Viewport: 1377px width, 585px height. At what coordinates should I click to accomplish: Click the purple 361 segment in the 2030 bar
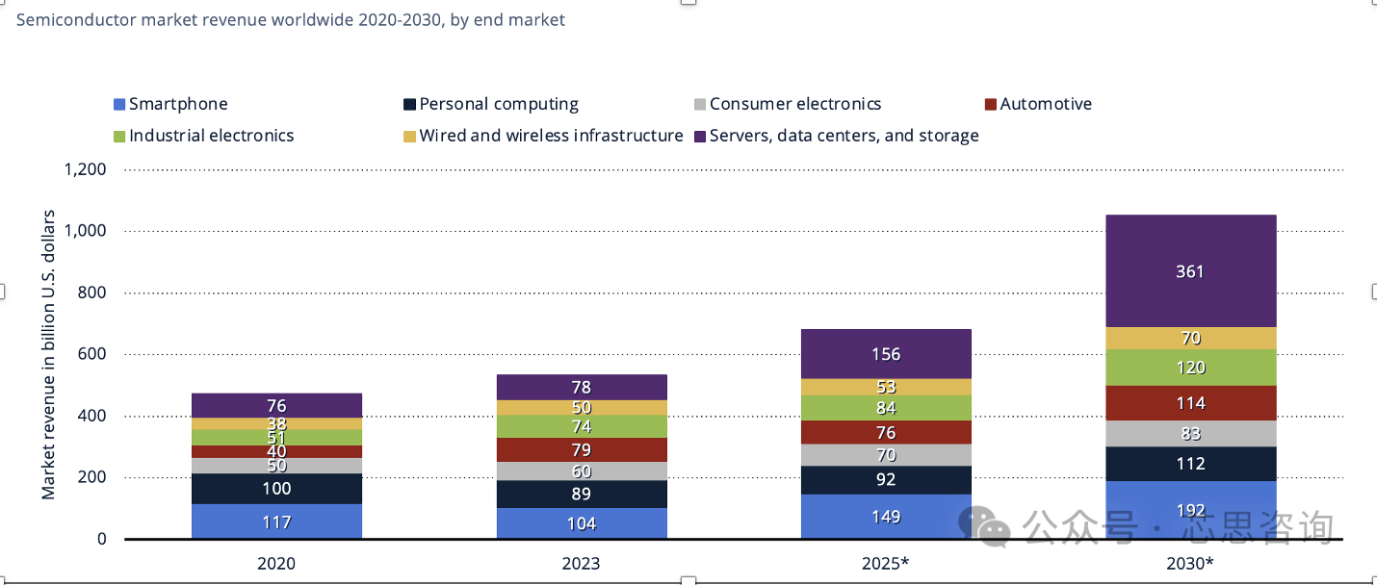pyautogui.click(x=1190, y=271)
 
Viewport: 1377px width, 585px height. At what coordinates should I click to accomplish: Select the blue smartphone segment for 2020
pyautogui.click(x=276, y=521)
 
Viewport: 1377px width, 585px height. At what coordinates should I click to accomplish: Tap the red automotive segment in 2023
pyautogui.click(x=582, y=449)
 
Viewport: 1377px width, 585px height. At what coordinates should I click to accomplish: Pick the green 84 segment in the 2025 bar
pyautogui.click(x=886, y=408)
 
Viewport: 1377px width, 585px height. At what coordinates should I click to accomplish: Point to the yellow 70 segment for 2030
pyautogui.click(x=1190, y=338)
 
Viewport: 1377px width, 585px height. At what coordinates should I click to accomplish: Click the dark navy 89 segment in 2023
pyautogui.click(x=582, y=494)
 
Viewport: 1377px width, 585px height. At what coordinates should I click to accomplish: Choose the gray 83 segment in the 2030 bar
pyautogui.click(x=1190, y=433)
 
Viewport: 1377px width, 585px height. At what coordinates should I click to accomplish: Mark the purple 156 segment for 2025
pyautogui.click(x=886, y=353)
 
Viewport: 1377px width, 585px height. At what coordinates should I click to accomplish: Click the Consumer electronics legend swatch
pyautogui.click(x=700, y=104)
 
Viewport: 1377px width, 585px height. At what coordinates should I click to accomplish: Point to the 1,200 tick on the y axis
pyautogui.click(x=86, y=169)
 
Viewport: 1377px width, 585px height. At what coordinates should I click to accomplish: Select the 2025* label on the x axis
pyautogui.click(x=886, y=563)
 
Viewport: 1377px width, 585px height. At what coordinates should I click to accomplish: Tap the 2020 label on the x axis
pyautogui.click(x=276, y=563)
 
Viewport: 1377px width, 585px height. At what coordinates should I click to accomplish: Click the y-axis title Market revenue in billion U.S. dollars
pyautogui.click(x=48, y=354)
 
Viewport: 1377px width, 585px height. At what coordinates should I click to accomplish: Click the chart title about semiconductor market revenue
pyautogui.click(x=290, y=19)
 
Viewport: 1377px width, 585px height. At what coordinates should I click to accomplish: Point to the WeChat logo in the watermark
pyautogui.click(x=983, y=525)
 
